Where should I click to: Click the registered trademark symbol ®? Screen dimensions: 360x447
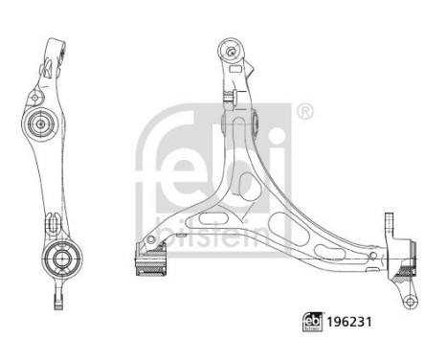click(x=305, y=113)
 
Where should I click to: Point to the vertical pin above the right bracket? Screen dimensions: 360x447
click(x=389, y=222)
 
